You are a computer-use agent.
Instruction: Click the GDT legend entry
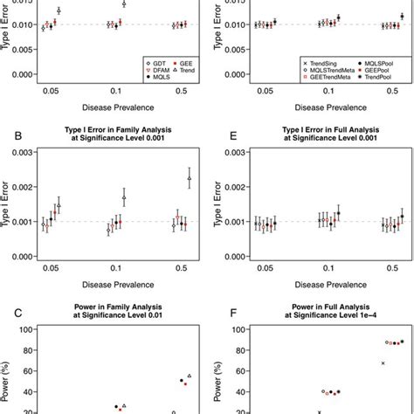tap(161, 63)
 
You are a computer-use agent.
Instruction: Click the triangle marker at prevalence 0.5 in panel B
tap(190, 178)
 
